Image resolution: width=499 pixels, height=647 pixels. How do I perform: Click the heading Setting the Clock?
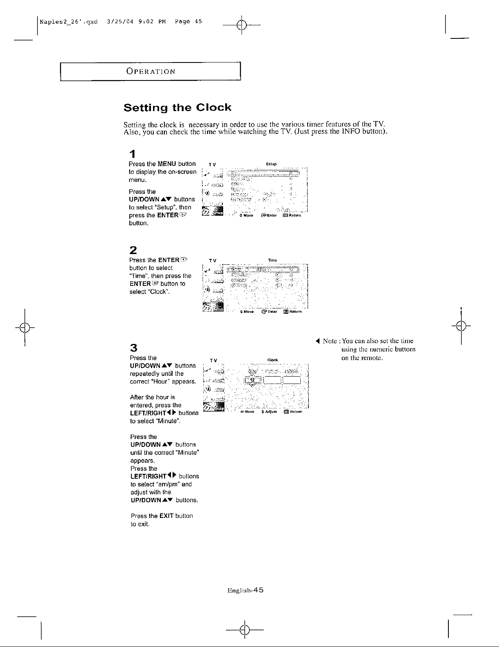[x=177, y=108]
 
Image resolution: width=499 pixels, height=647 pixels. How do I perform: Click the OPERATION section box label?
[x=151, y=71]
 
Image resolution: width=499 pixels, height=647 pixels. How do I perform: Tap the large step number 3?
[x=133, y=348]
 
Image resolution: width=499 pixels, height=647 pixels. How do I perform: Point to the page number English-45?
[x=246, y=590]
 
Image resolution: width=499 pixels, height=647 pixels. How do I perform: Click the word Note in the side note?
[x=329, y=341]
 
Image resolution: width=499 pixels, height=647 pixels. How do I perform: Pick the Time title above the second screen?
[x=273, y=260]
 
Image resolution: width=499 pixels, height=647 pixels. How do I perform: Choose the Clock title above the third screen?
[x=273, y=360]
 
